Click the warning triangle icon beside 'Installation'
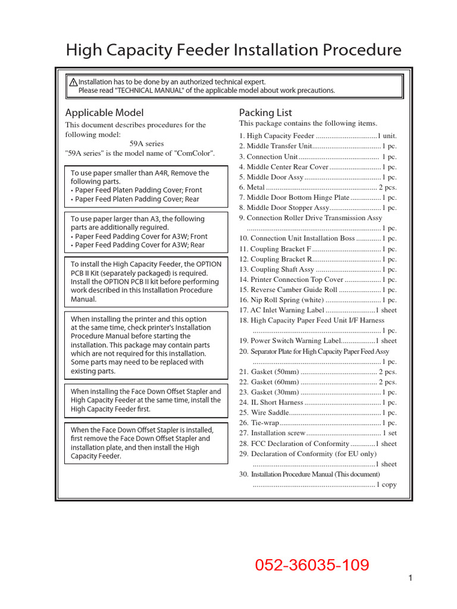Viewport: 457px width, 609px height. pos(73,82)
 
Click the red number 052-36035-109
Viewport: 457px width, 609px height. pos(312,565)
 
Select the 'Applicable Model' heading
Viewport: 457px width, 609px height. pos(104,112)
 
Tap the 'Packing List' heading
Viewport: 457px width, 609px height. pos(265,112)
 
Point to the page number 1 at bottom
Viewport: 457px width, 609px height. pos(411,578)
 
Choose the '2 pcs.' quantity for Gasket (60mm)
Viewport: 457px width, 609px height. pos(387,382)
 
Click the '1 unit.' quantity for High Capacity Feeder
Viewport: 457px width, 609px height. pos(387,136)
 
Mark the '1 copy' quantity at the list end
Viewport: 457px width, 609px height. pos(386,485)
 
